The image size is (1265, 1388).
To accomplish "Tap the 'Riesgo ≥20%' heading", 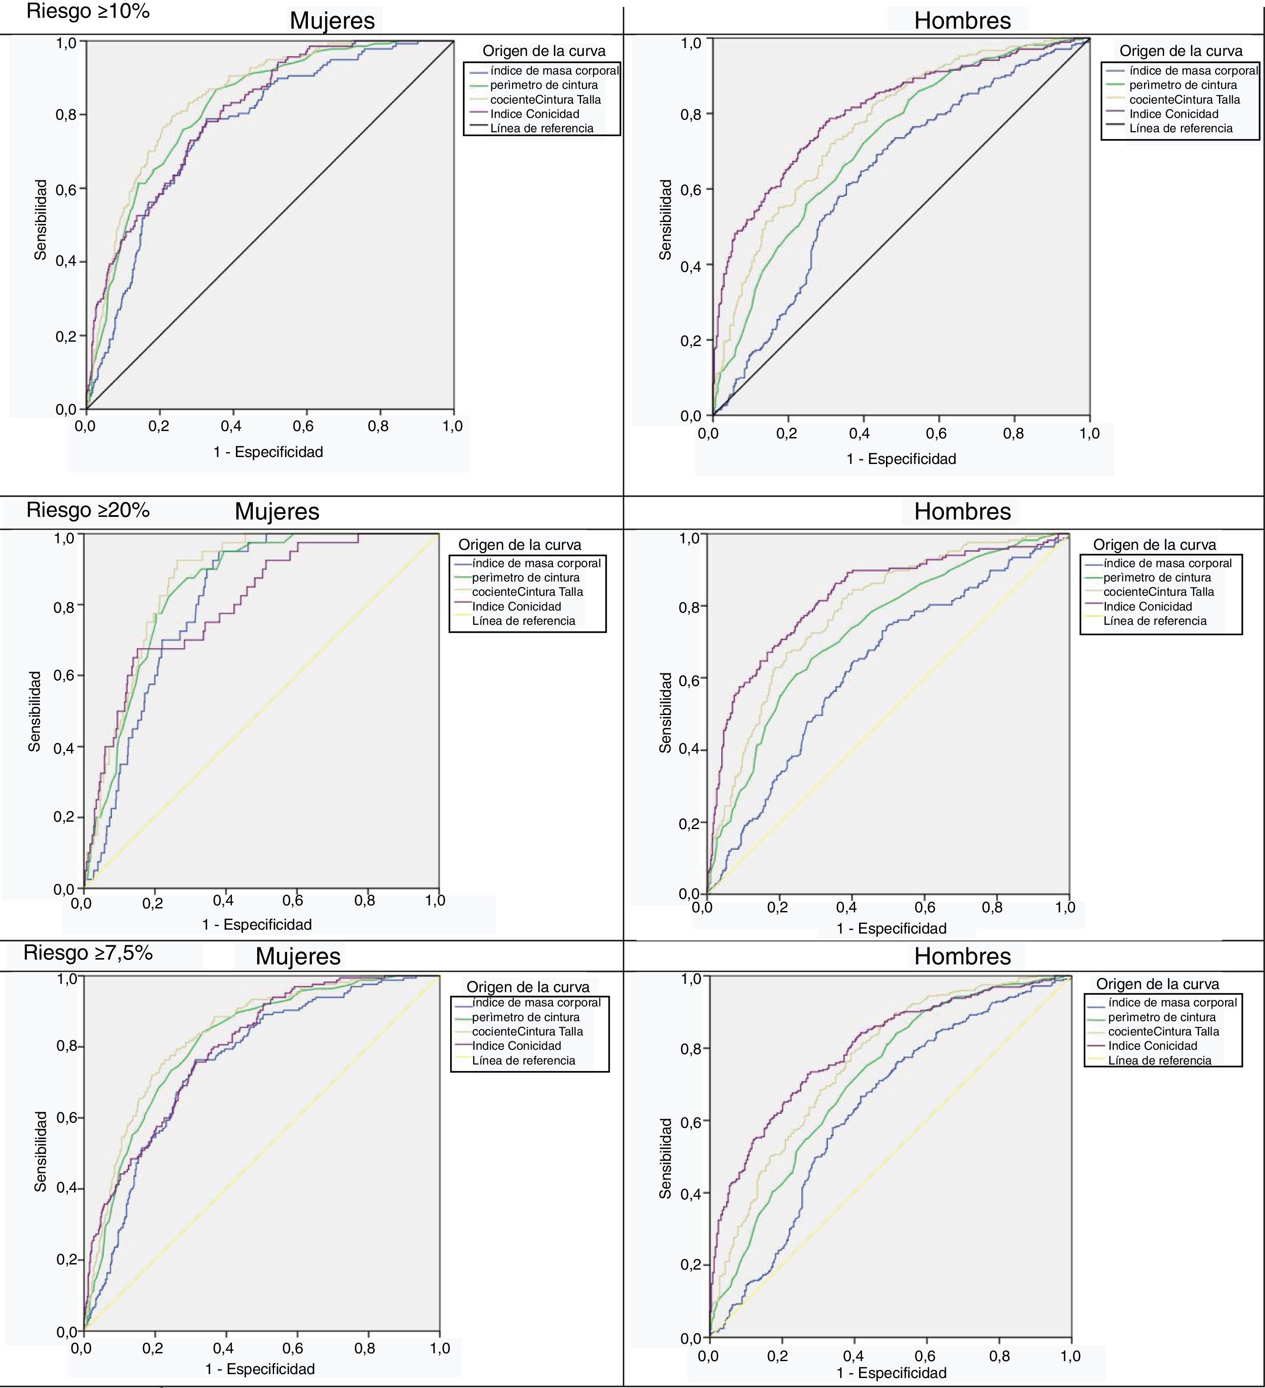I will point(88,510).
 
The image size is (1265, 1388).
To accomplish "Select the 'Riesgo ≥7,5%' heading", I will point(88,953).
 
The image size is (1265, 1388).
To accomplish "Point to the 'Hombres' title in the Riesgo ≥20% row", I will point(962,512).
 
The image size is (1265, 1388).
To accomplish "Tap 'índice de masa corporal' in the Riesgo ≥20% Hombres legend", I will point(1167,563).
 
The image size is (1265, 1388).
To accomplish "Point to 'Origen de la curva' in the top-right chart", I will point(1180,51).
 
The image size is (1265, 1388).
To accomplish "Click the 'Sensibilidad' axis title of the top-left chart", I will point(41,220).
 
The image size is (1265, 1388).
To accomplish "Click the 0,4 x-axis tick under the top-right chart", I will point(860,434).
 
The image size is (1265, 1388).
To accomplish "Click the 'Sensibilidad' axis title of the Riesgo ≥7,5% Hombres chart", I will point(665,1158).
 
